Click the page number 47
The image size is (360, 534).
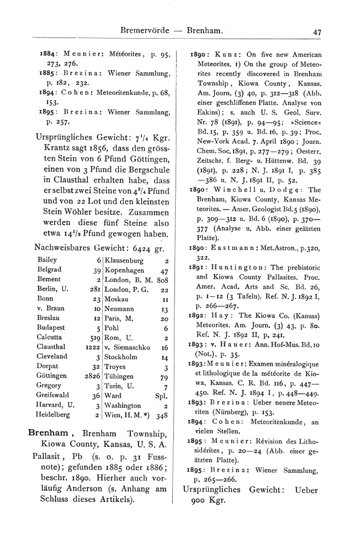pos(317,32)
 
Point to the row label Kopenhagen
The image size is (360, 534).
pos(124,271)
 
